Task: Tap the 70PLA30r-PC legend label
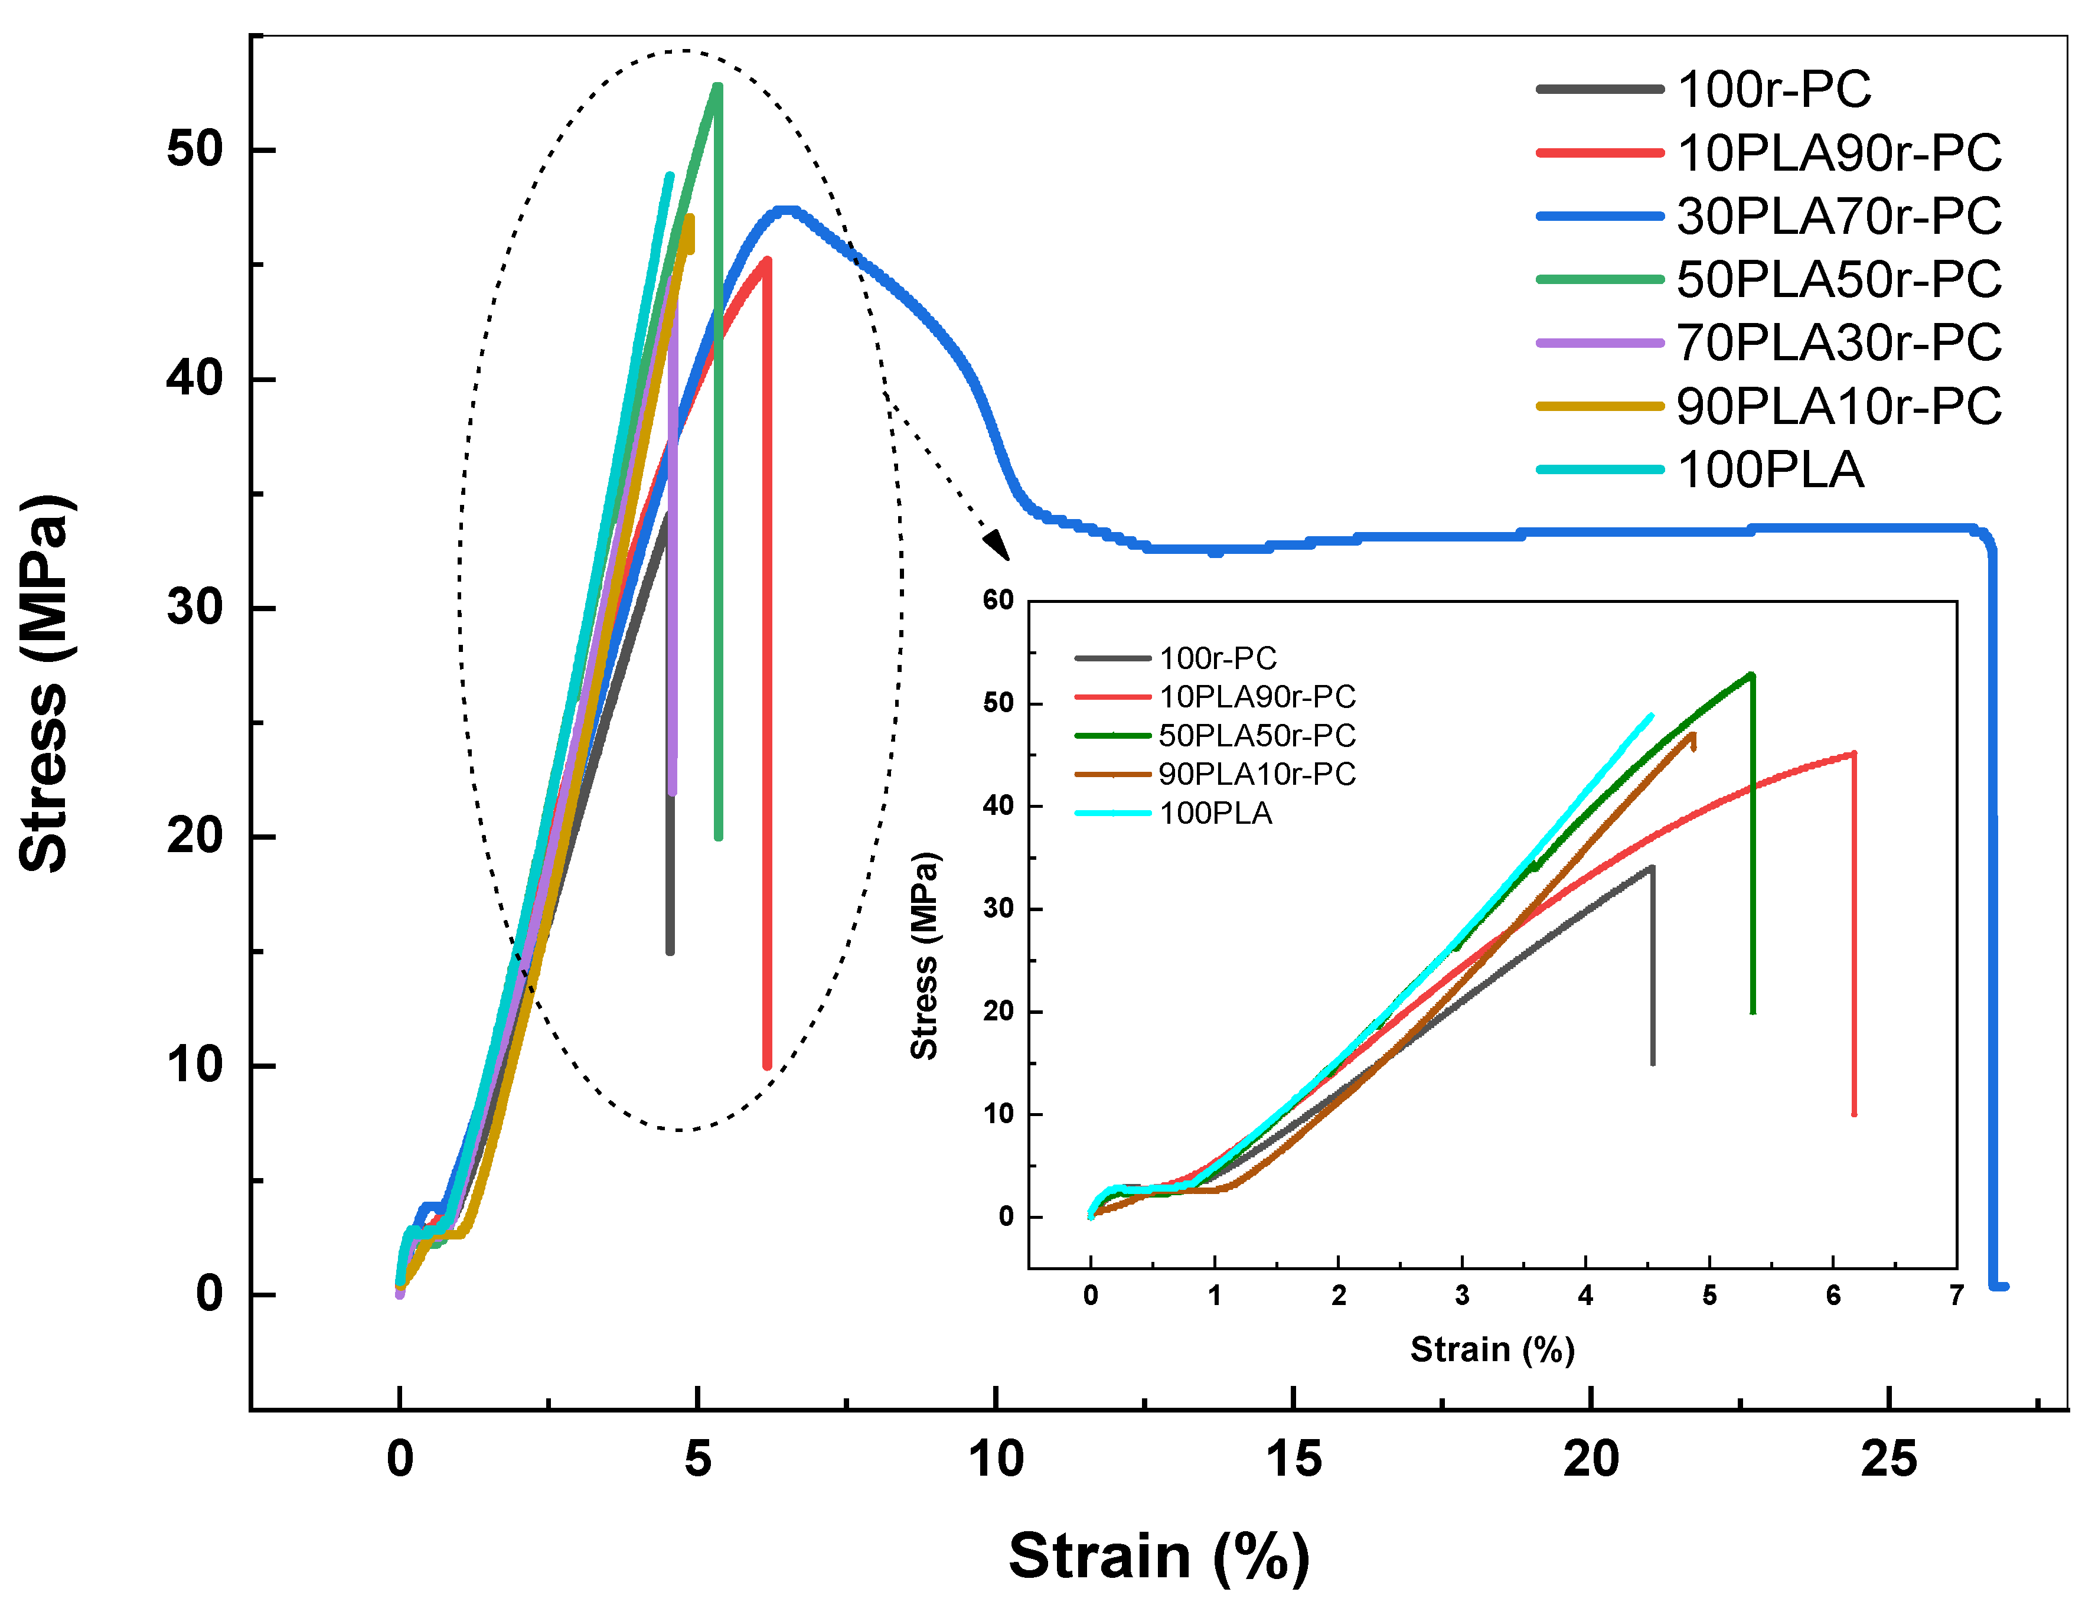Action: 1838,342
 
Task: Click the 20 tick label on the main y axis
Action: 195,836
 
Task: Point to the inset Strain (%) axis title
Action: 1492,1349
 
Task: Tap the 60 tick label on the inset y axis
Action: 998,601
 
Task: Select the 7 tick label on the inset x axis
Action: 1956,1297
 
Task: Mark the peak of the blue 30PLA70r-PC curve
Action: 787,210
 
